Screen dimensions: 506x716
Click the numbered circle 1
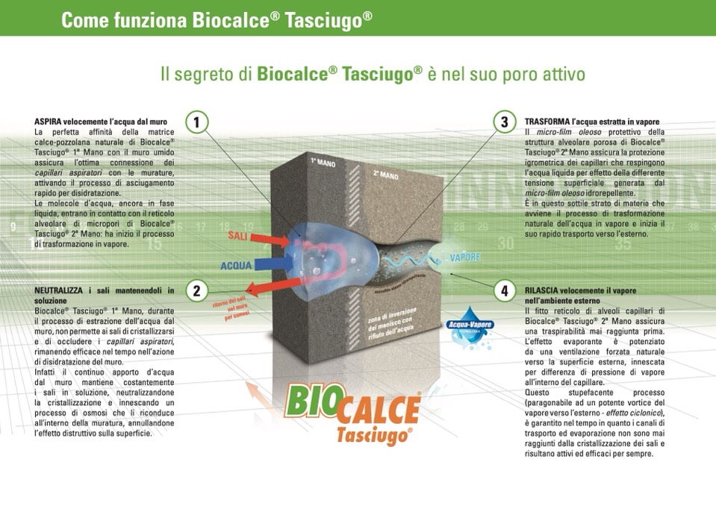(196, 122)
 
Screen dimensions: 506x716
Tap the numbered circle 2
(196, 290)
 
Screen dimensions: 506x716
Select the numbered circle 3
(505, 122)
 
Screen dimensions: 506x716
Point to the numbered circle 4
(505, 290)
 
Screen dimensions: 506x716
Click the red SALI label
(238, 237)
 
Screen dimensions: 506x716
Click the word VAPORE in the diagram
(464, 257)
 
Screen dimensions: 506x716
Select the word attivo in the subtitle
(553, 75)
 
